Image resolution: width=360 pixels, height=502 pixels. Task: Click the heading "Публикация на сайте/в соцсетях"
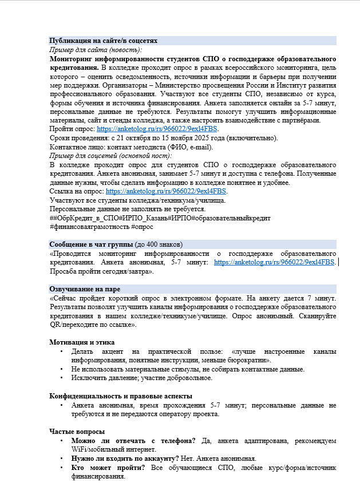coord(104,41)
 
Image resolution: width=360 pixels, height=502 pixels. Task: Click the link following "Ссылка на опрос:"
coord(166,191)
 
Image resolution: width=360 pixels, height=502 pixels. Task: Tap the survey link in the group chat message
coord(274,262)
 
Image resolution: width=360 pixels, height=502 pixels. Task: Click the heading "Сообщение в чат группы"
coord(90,244)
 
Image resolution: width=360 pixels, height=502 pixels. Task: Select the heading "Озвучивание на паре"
coord(85,289)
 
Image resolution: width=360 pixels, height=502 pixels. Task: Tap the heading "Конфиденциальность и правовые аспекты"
coord(121,396)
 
